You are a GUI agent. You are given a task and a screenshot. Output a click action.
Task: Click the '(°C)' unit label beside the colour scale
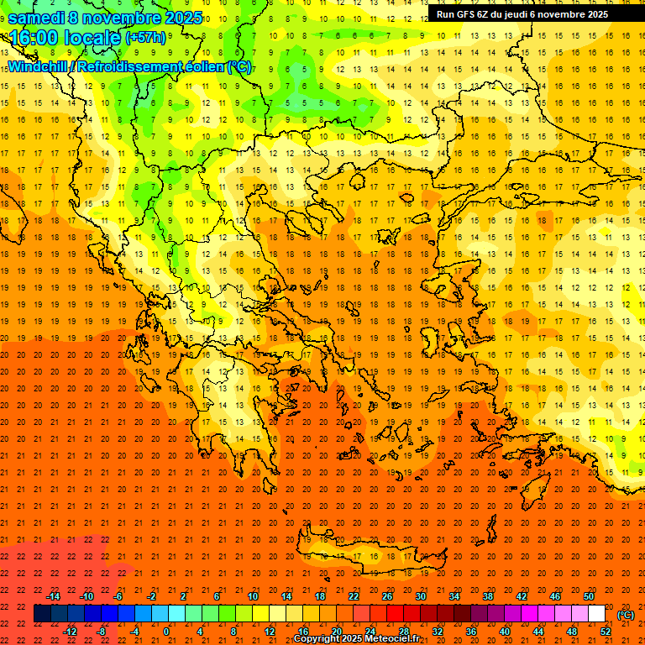[x=626, y=615]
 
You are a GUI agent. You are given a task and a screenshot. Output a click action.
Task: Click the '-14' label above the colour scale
[x=53, y=596]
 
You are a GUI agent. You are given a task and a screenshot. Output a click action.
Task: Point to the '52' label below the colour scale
[x=606, y=631]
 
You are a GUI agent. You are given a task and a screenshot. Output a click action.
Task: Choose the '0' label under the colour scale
[x=167, y=631]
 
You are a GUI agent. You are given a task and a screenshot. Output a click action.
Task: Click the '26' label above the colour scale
[x=387, y=596]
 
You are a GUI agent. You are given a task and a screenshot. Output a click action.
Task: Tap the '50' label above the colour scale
[x=589, y=596]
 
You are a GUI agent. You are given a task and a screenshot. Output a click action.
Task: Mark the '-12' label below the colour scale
[x=70, y=631]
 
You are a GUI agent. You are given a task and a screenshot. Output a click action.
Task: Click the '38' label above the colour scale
[x=488, y=596]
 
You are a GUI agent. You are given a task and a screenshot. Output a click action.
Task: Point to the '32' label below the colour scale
[x=438, y=631]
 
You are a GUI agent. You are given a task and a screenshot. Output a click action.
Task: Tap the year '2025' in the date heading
[x=184, y=18]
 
